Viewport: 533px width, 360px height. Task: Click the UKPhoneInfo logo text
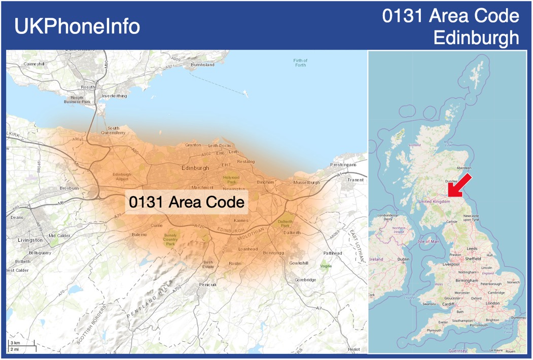(77, 26)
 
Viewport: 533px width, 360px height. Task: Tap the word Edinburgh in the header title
(476, 38)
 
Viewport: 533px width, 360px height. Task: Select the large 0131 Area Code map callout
(187, 202)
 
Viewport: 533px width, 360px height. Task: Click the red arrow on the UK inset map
(461, 185)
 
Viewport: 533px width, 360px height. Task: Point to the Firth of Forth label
(300, 62)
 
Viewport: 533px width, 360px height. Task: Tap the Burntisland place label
(202, 65)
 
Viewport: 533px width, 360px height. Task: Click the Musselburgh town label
(306, 183)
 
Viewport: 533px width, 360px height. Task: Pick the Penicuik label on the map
(208, 284)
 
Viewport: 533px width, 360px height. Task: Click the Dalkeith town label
(292, 233)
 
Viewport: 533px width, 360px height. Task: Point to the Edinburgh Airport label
(122, 176)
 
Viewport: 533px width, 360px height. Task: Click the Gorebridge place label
(305, 280)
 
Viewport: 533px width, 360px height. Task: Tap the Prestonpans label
(343, 165)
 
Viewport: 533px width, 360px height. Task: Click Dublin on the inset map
(404, 259)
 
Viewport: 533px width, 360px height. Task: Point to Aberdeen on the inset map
(464, 168)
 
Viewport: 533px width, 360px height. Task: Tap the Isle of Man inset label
(427, 241)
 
